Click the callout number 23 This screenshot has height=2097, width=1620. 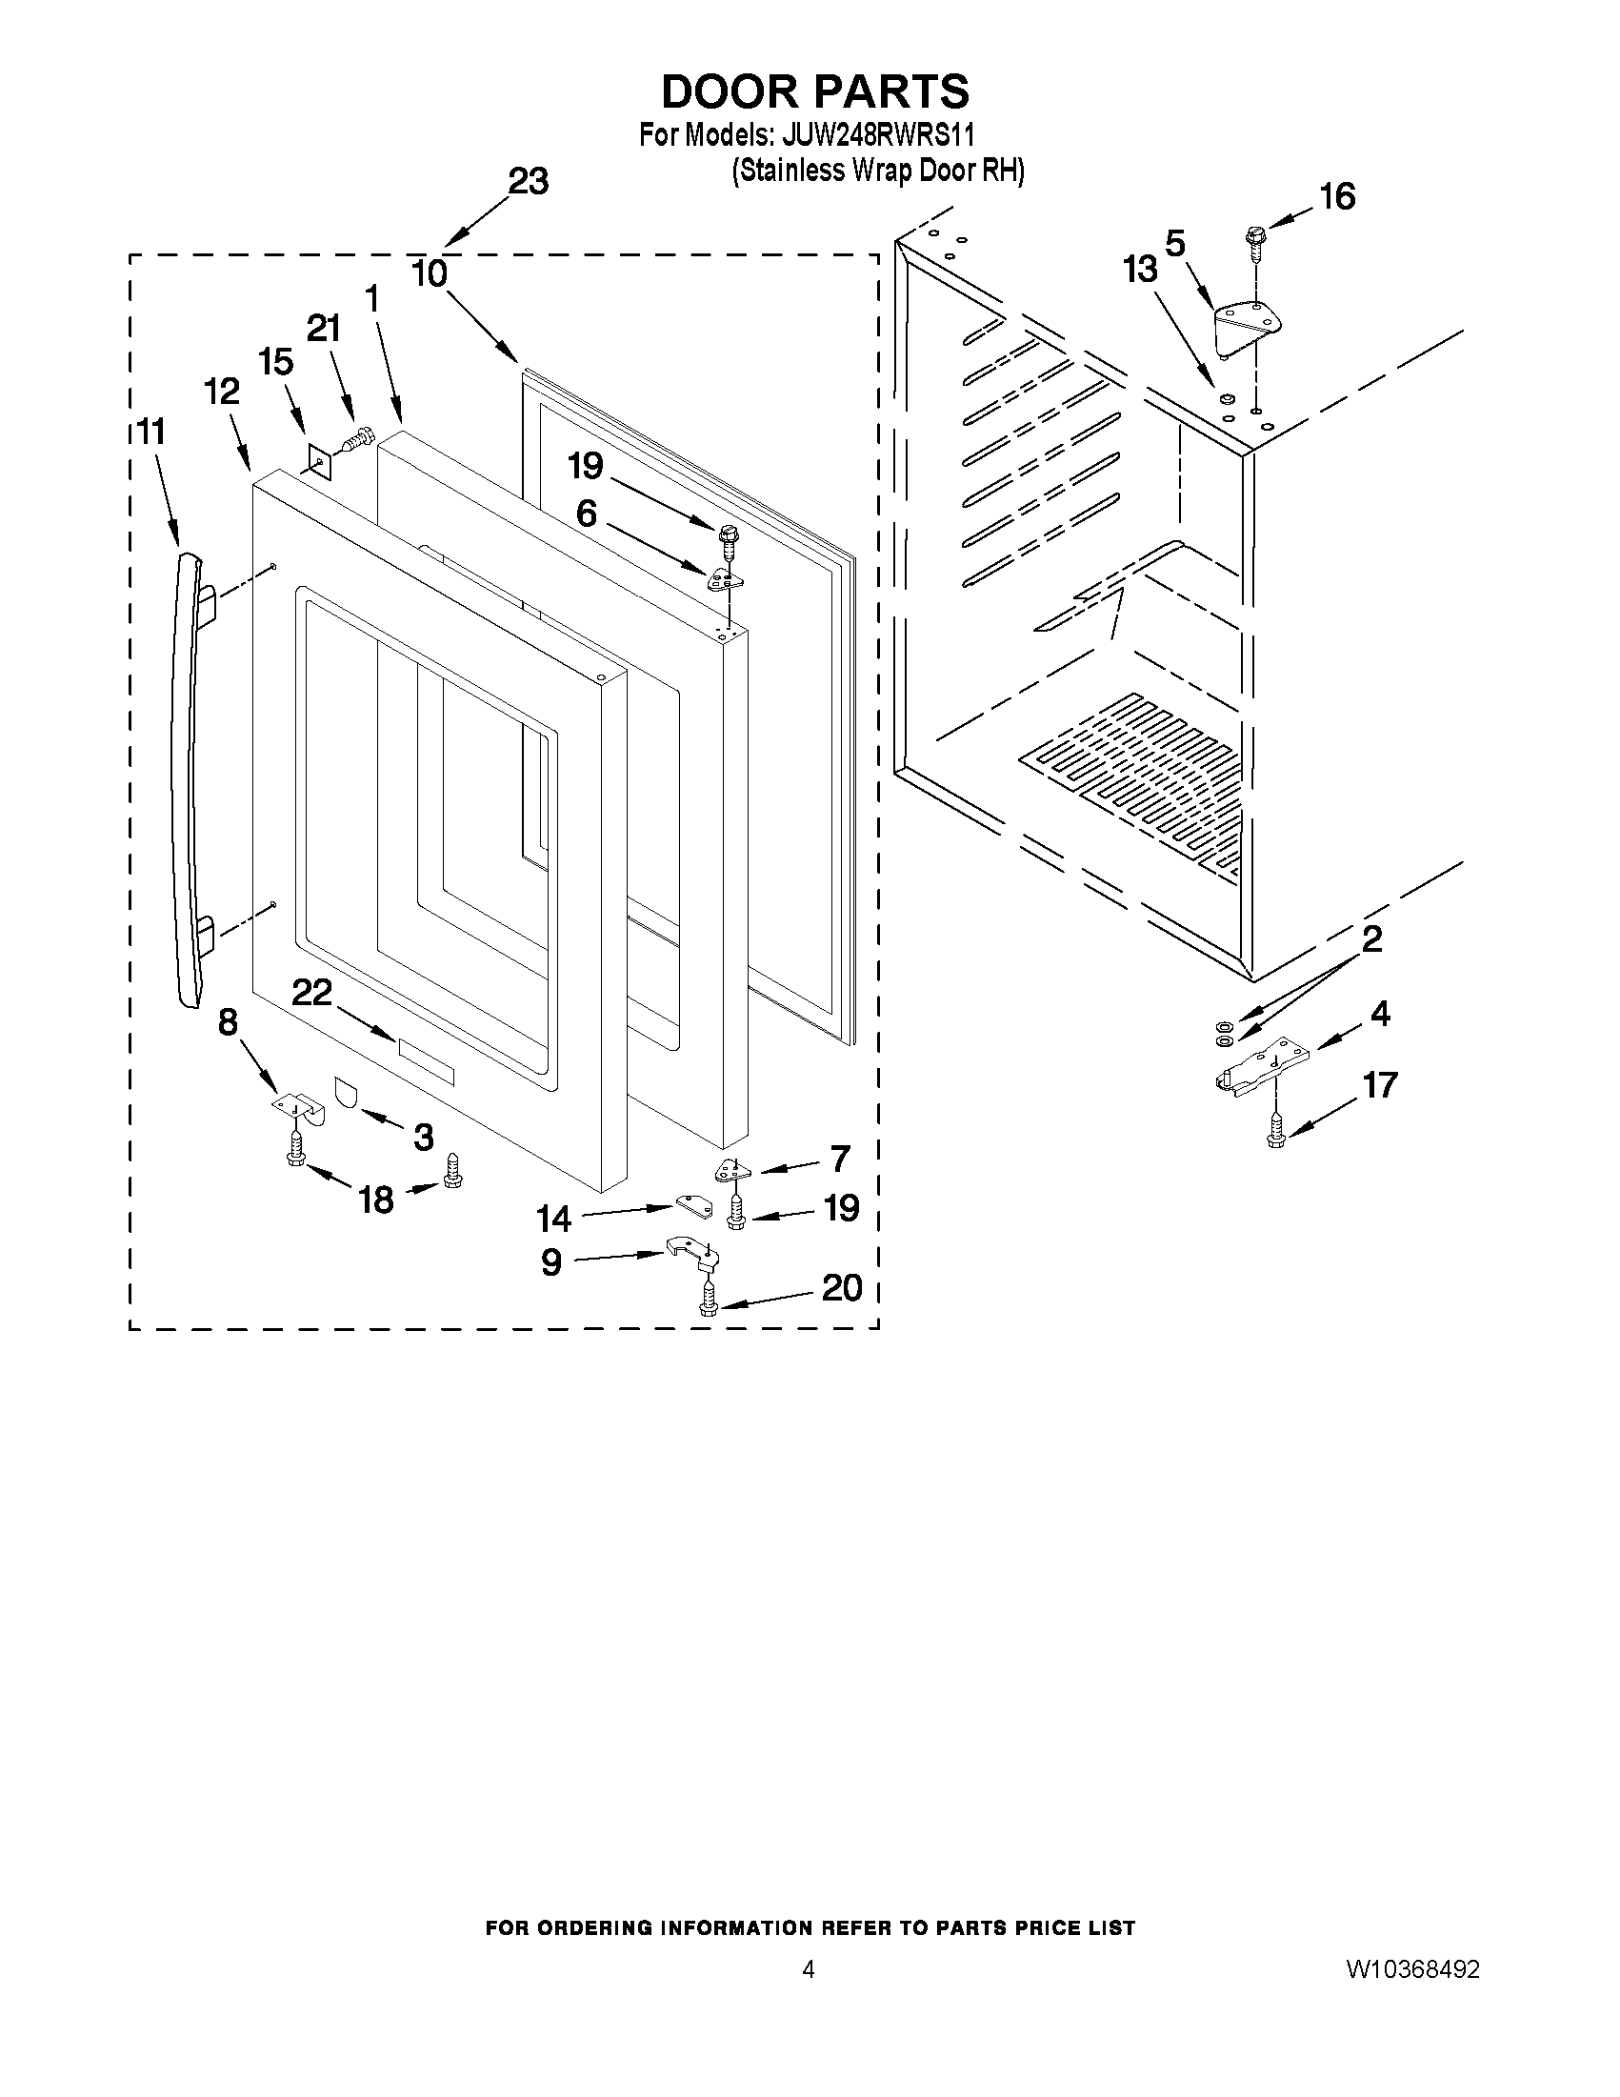pyautogui.click(x=528, y=180)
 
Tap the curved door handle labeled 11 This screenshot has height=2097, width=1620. pyautogui.click(x=186, y=777)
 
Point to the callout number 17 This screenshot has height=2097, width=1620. pyautogui.click(x=1380, y=1085)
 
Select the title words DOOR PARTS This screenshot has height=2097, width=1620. pyautogui.click(x=815, y=91)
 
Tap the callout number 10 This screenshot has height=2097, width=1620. pyautogui.click(x=429, y=273)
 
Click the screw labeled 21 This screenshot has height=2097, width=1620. pyautogui.click(x=357, y=441)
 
